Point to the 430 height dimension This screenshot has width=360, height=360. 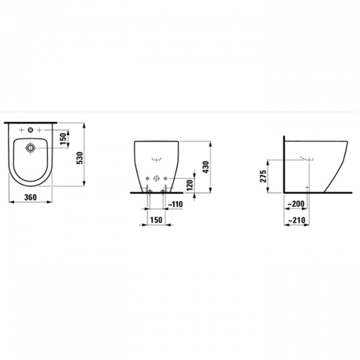[206, 167]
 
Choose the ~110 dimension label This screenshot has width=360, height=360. [175, 205]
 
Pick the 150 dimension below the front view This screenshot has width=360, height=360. [155, 221]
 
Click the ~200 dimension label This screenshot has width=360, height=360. [295, 205]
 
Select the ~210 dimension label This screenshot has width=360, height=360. [295, 221]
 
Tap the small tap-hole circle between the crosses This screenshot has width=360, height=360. [31, 130]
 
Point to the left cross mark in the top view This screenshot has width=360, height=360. [22, 130]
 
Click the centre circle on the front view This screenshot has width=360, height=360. [155, 178]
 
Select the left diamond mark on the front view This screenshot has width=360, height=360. [147, 178]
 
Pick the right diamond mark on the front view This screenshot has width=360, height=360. [164, 178]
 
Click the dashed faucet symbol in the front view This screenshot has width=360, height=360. [155, 159]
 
